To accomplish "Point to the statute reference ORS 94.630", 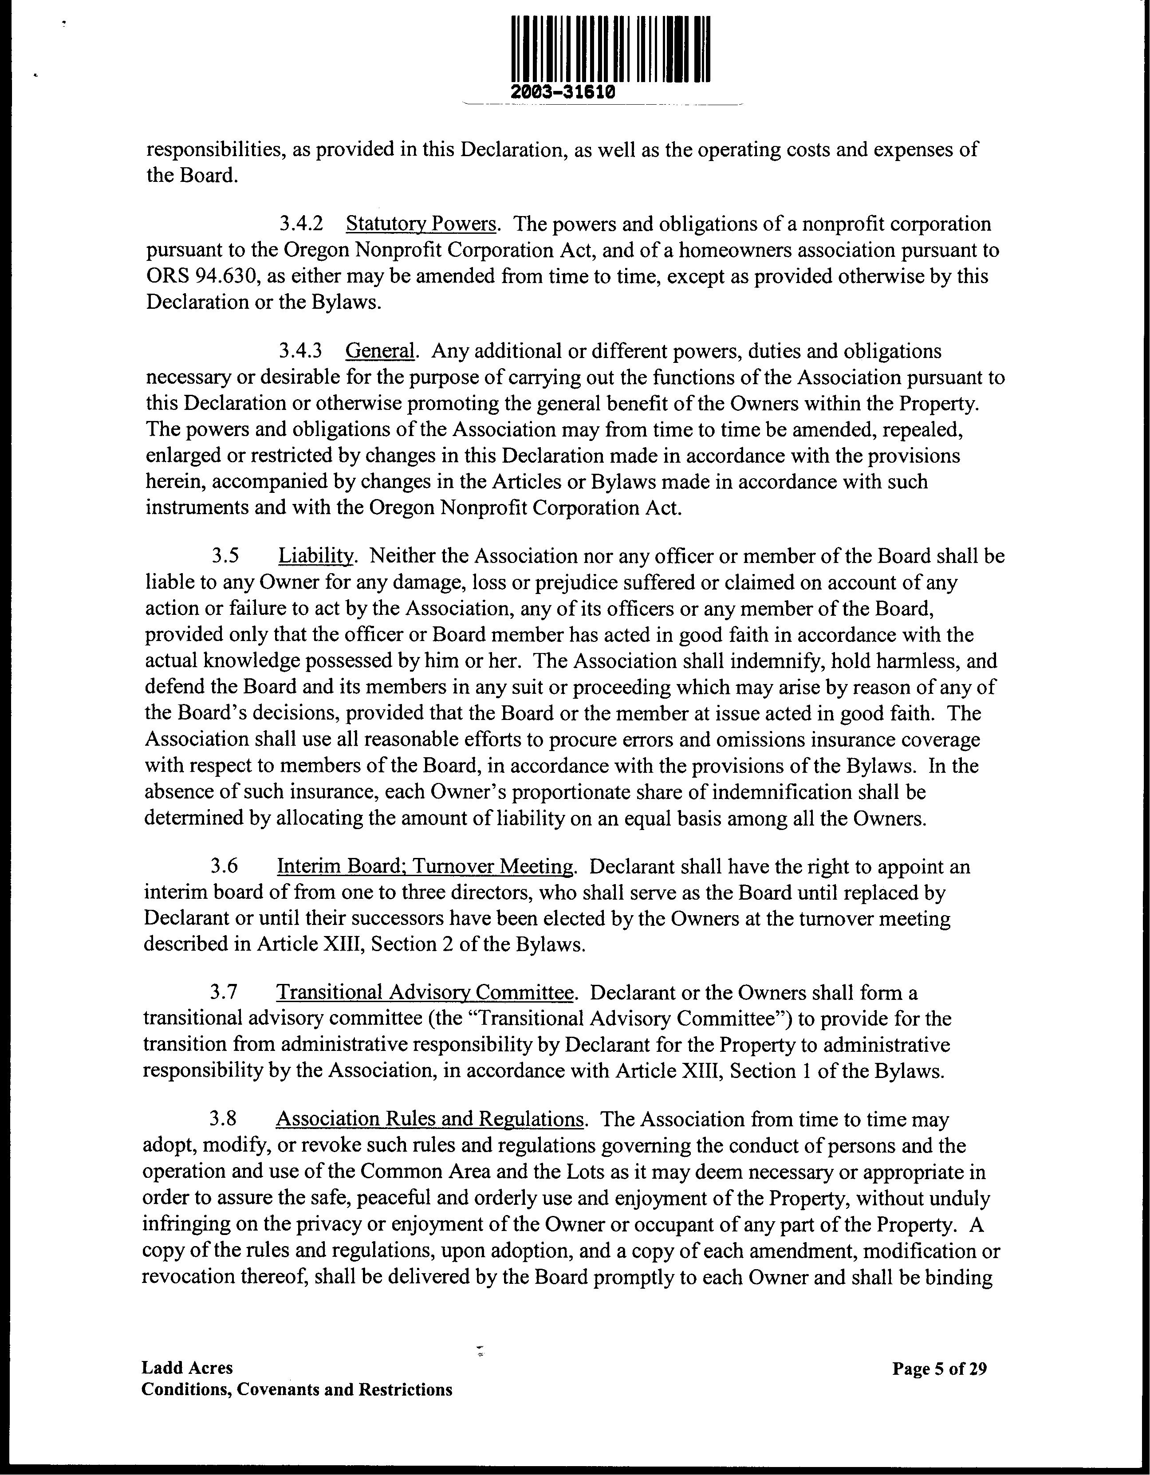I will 194,276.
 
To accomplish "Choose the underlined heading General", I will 379,351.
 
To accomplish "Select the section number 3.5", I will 225,556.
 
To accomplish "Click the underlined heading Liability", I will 315,556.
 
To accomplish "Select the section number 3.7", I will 224,993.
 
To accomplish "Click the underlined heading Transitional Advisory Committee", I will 425,993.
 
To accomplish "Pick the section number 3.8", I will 224,1120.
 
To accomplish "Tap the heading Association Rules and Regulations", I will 429,1120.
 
